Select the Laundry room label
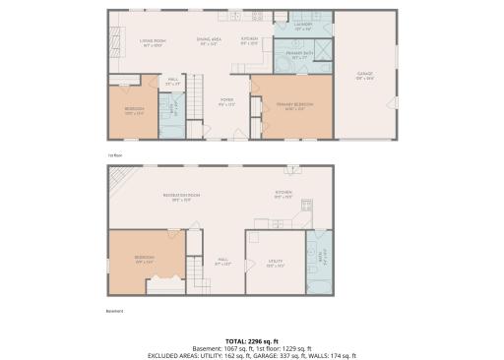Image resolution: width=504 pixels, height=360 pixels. pos(302,29)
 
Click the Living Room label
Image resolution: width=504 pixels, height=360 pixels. pos(152,42)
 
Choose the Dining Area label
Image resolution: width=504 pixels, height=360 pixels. pos(209,42)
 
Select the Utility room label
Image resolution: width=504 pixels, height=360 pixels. pos(276,263)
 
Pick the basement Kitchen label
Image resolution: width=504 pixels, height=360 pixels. pos(283,193)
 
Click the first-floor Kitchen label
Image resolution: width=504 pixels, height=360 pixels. pos(250,41)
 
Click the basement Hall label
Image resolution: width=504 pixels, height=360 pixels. pos(222,262)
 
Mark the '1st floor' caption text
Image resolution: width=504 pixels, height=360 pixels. pos(113,153)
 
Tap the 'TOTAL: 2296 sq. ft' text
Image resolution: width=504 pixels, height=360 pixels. pos(251,340)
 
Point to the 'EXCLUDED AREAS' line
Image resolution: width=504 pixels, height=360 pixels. pos(251,355)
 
